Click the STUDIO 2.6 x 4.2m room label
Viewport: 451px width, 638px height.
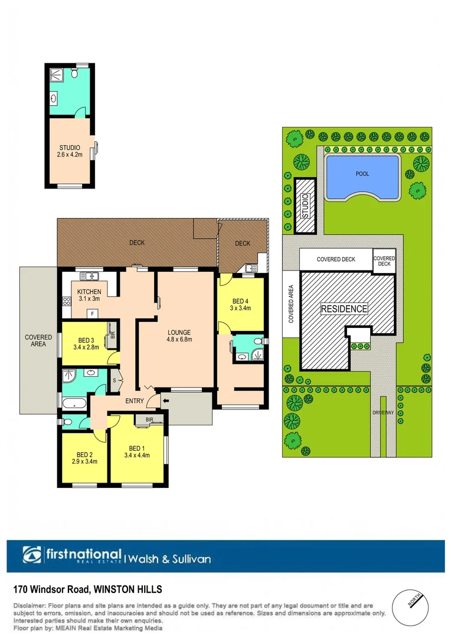point(69,151)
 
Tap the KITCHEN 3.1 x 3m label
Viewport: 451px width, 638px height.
point(89,295)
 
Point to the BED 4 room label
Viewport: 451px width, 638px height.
point(240,304)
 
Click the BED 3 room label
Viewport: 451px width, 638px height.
point(86,343)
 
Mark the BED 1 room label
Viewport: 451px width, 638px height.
point(136,451)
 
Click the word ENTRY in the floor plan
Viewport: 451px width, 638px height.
point(135,401)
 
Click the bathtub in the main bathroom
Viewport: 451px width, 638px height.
point(74,404)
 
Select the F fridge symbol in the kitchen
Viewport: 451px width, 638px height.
point(93,313)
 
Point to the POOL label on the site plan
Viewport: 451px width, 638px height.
point(362,174)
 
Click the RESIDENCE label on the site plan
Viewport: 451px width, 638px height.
point(344,308)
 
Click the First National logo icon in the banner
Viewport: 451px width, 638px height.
point(32,555)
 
